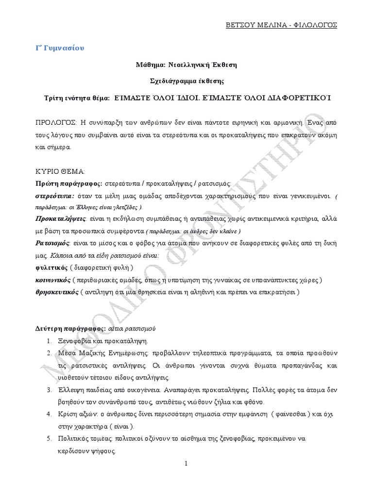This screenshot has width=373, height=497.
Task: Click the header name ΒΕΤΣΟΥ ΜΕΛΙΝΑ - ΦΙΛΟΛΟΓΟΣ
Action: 295,24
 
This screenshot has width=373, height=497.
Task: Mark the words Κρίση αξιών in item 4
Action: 78,414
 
